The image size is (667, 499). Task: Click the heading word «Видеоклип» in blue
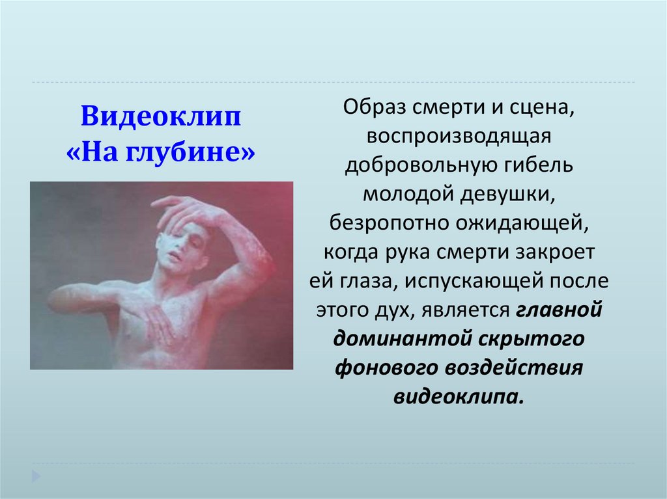point(161,120)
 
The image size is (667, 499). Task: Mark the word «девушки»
point(513,193)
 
